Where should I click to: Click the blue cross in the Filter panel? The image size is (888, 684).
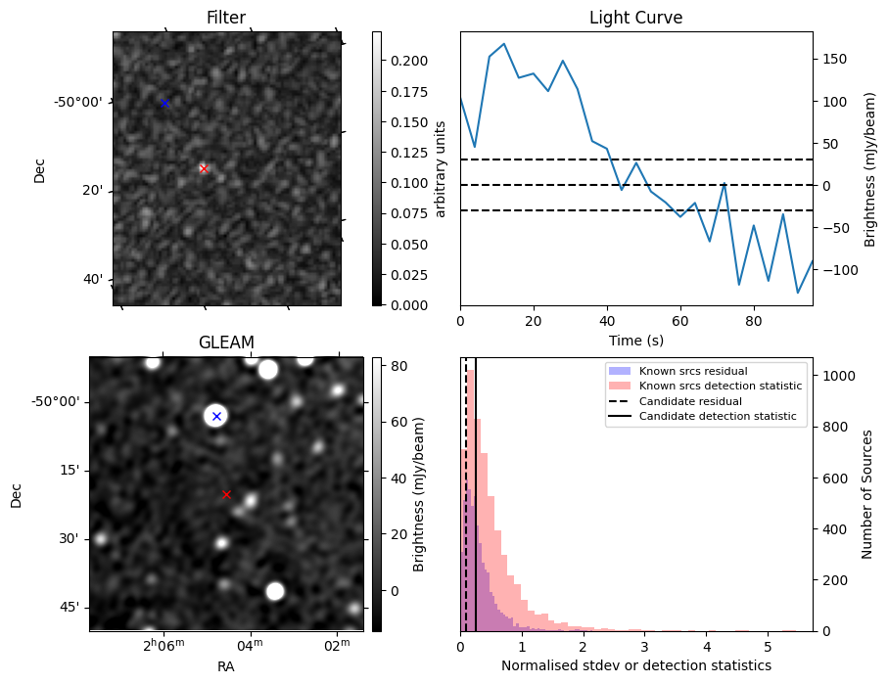coord(164,103)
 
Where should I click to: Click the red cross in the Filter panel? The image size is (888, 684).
coord(204,168)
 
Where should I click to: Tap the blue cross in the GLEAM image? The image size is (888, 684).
coord(216,417)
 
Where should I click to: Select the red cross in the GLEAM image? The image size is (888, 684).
coord(226,494)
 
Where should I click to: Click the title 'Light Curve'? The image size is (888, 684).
coord(635,18)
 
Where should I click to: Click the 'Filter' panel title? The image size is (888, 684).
coord(226,18)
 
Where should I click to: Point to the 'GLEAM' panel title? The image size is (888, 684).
coord(226,342)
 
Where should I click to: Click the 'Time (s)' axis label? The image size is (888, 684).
coord(635,339)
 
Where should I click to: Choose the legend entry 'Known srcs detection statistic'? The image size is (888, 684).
coord(721,386)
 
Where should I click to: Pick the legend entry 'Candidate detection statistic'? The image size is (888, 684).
coord(717,417)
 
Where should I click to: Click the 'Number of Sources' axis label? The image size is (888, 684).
coord(867,493)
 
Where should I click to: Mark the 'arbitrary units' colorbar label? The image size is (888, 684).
coord(442,168)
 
